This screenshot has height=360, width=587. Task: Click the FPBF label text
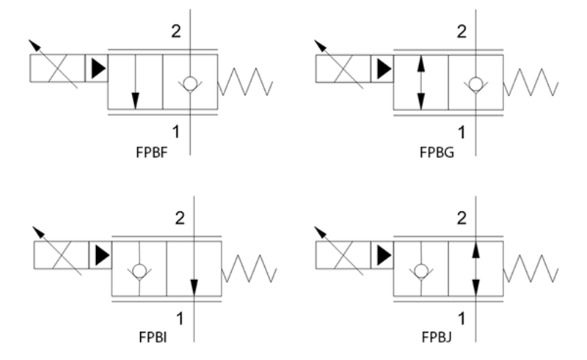(x=149, y=153)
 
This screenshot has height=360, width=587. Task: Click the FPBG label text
(x=437, y=153)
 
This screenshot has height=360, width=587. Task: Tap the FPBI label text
(x=153, y=338)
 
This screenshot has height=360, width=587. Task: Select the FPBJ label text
(x=437, y=338)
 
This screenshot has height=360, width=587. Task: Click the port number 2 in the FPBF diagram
(x=176, y=31)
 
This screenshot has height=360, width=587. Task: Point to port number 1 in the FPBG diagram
(x=462, y=132)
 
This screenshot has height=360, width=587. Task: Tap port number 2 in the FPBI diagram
(x=179, y=218)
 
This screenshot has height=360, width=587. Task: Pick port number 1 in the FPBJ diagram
(x=462, y=318)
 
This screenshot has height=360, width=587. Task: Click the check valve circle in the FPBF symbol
(x=190, y=82)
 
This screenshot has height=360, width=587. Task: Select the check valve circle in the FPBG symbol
(x=476, y=82)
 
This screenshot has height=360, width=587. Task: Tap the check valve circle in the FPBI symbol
(x=139, y=270)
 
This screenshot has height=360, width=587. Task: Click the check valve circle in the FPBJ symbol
(x=421, y=270)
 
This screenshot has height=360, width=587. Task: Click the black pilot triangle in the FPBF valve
(x=97, y=69)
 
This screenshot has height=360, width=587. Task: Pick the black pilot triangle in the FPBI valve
(x=101, y=255)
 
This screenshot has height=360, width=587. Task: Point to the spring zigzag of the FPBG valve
(x=530, y=82)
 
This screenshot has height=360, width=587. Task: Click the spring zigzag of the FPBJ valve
(x=530, y=268)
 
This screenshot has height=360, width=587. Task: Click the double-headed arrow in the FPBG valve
(x=420, y=82)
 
